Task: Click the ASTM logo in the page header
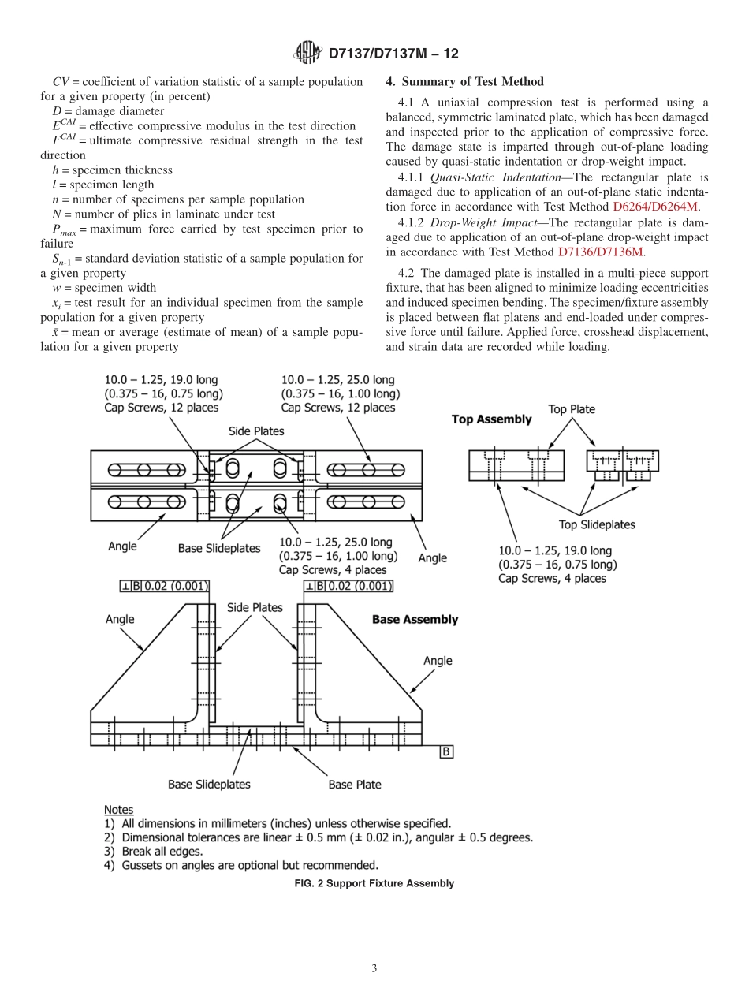[307, 54]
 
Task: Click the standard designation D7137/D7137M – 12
[393, 54]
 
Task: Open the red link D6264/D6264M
[655, 207]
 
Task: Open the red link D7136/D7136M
[601, 252]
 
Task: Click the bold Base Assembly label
[415, 620]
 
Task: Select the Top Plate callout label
[572, 409]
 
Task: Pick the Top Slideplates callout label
[597, 524]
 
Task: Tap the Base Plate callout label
[355, 784]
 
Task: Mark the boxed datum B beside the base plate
[445, 751]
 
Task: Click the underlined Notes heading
[118, 810]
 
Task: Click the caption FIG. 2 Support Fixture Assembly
[374, 883]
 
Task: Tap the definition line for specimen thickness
[112, 170]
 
